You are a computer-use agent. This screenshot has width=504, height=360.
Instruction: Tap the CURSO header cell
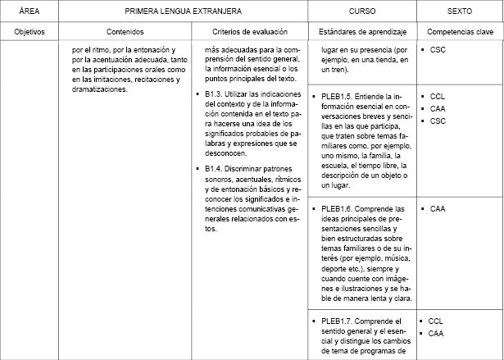tap(362, 12)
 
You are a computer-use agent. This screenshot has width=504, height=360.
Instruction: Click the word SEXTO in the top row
tap(460, 12)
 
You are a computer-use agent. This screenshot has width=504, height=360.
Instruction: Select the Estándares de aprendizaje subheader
tap(362, 32)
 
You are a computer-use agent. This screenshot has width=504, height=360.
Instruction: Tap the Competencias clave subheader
tap(460, 32)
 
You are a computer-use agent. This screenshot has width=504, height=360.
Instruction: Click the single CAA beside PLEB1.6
tap(437, 209)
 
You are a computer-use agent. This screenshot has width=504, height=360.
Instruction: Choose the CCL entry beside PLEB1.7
tap(436, 321)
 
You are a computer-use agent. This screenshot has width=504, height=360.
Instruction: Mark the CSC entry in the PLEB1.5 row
tap(437, 121)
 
